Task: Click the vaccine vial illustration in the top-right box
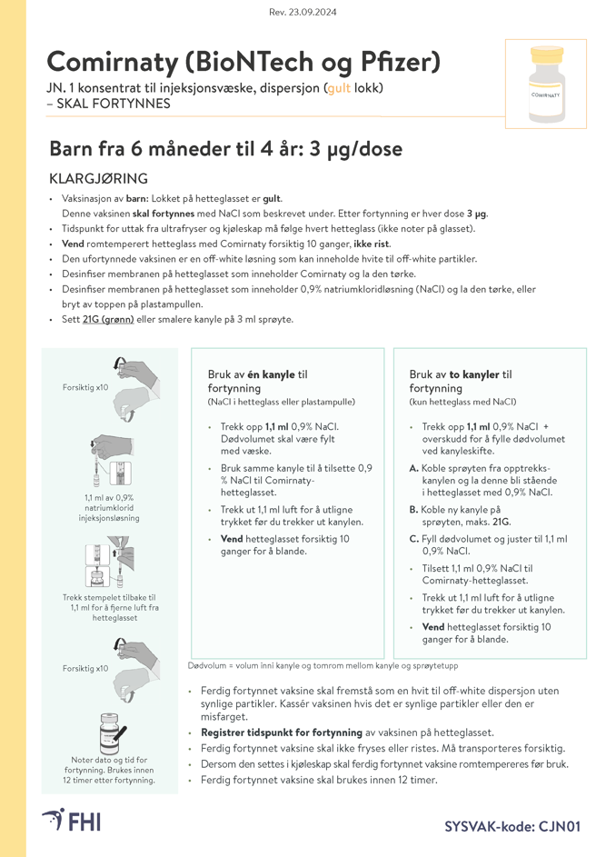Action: [x=545, y=86]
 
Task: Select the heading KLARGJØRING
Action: [x=98, y=179]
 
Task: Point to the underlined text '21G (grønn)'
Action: [x=108, y=319]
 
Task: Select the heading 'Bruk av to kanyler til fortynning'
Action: [x=460, y=381]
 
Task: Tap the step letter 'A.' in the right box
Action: [x=414, y=469]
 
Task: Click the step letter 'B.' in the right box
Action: [x=414, y=510]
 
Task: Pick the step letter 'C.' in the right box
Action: [x=414, y=539]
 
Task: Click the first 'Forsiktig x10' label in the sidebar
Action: [x=85, y=387]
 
